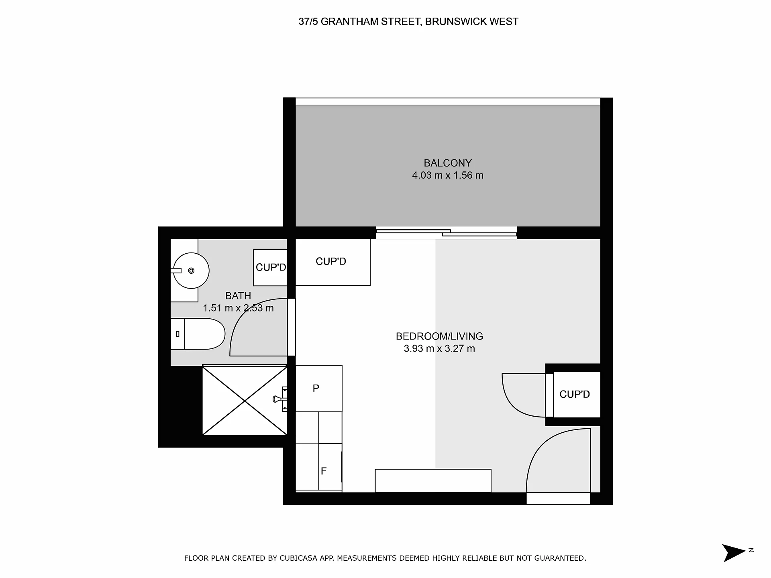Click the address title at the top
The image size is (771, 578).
tap(408, 22)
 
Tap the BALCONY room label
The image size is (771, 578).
tap(448, 163)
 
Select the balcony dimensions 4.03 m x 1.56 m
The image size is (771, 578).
tap(448, 175)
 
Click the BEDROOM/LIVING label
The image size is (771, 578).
tap(439, 336)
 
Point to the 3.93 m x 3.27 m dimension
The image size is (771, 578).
tap(439, 348)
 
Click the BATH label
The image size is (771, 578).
tap(238, 296)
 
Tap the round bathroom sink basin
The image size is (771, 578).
tap(191, 271)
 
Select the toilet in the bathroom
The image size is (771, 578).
tap(198, 334)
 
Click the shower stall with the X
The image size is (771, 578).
tap(245, 400)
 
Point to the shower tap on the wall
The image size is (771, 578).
tap(280, 399)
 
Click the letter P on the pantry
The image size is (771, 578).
tap(316, 388)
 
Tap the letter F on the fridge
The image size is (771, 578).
tap(324, 471)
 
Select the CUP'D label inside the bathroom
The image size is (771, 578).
tap(271, 267)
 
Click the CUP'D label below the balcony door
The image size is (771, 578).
tap(331, 261)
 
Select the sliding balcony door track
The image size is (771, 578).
tap(446, 233)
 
